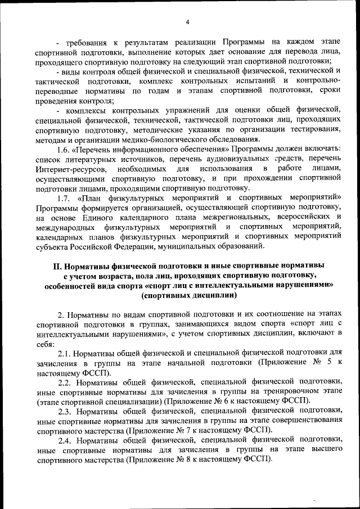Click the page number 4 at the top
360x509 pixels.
pos(188,22)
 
